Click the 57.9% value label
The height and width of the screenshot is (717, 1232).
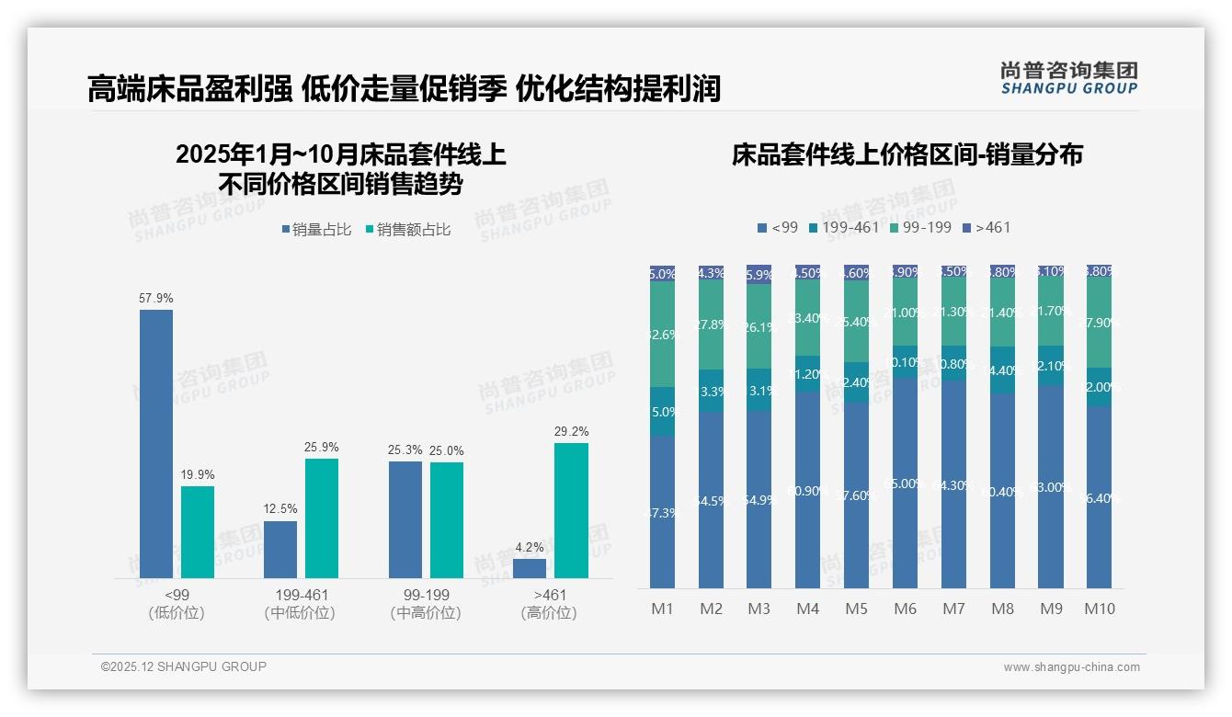coord(156,298)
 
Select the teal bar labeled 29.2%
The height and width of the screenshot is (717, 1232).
coord(571,510)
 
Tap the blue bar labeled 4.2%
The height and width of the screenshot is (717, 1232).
coord(530,568)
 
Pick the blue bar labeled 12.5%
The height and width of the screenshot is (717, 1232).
coord(280,550)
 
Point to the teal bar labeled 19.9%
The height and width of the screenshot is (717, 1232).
coord(198,531)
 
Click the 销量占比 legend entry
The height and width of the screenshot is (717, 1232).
coord(316,230)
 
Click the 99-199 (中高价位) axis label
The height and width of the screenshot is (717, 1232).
coord(426,604)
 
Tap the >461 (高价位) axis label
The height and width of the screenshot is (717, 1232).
coord(549,604)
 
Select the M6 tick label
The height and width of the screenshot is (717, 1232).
coord(906,609)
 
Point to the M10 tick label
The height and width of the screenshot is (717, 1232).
coord(1099,609)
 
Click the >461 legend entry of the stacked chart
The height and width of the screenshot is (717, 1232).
coord(987,227)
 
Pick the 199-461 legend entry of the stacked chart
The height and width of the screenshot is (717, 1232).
coord(844,227)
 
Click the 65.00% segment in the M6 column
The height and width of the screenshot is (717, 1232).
coord(906,483)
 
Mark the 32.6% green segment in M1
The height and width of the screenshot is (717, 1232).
coord(663,335)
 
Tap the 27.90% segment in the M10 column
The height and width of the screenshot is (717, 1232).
coord(1099,322)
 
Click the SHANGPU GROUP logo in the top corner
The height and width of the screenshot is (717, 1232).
coord(1068,78)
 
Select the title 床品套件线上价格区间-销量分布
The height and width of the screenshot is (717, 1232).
coord(907,154)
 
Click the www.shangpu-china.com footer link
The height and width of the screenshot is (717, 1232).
coord(1071,667)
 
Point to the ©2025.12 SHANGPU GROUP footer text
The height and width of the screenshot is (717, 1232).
coord(184,666)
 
